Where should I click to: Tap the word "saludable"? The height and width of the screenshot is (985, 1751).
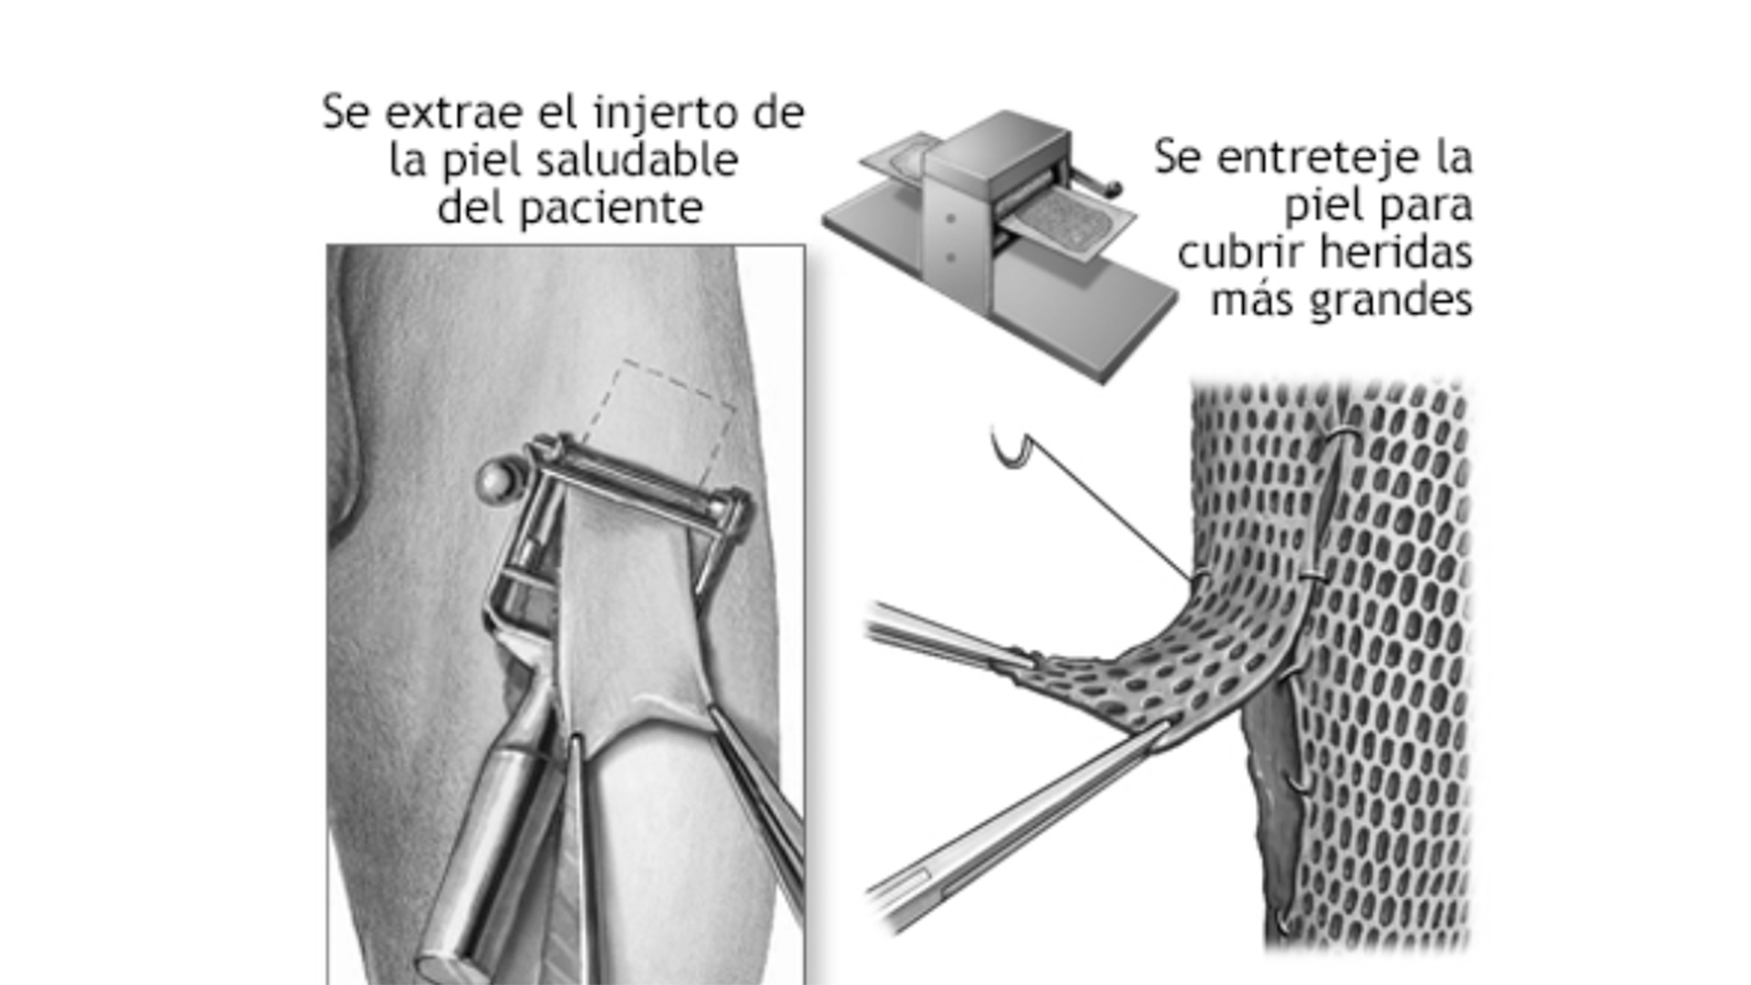point(637,161)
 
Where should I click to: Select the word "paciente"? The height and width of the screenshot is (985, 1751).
point(611,209)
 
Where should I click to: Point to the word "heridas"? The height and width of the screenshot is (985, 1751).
point(1400,252)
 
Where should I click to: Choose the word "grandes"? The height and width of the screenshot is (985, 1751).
point(1392,301)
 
